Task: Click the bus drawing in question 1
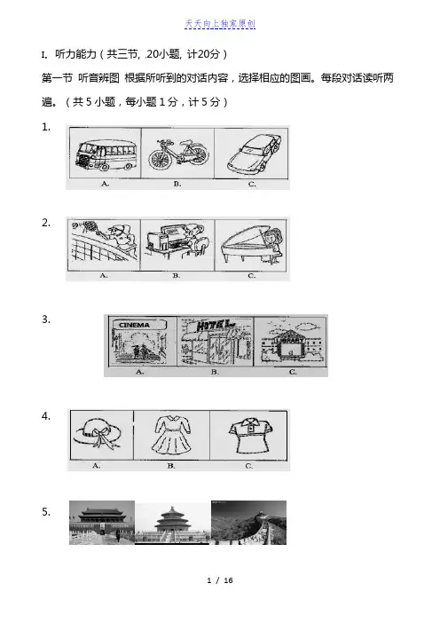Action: point(106,154)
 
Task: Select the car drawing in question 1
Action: point(254,152)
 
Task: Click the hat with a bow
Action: point(98,433)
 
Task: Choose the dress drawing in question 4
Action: point(172,435)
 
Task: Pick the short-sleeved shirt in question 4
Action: point(250,435)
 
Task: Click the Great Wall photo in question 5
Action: point(248,523)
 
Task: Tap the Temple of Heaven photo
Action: point(172,523)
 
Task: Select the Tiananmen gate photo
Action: point(102,523)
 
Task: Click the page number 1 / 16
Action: point(220,580)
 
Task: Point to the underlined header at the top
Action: point(220,24)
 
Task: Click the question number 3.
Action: point(46,319)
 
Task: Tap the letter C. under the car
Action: point(252,184)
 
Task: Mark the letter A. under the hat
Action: point(96,465)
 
